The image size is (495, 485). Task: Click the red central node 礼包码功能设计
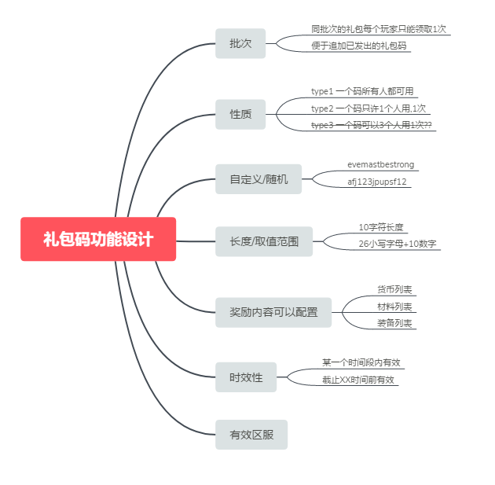(98, 239)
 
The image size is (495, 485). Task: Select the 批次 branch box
(240, 43)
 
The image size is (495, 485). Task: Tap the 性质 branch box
(240, 114)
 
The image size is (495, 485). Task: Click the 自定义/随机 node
(258, 178)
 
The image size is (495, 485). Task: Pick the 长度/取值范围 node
(264, 241)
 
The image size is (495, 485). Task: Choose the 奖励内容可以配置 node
(273, 312)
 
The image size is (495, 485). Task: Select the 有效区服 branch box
(251, 434)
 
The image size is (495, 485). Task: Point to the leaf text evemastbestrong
(381, 165)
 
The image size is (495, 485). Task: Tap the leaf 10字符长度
(381, 227)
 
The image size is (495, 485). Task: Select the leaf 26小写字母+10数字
(398, 244)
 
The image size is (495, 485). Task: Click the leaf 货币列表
(394, 289)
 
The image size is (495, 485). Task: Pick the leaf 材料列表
(394, 307)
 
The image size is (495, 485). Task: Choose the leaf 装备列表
(394, 323)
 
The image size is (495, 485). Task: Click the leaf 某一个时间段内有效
(361, 362)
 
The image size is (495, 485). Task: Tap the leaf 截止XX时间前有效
(357, 380)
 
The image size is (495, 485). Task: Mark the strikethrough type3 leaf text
(372, 125)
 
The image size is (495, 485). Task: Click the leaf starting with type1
(362, 91)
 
